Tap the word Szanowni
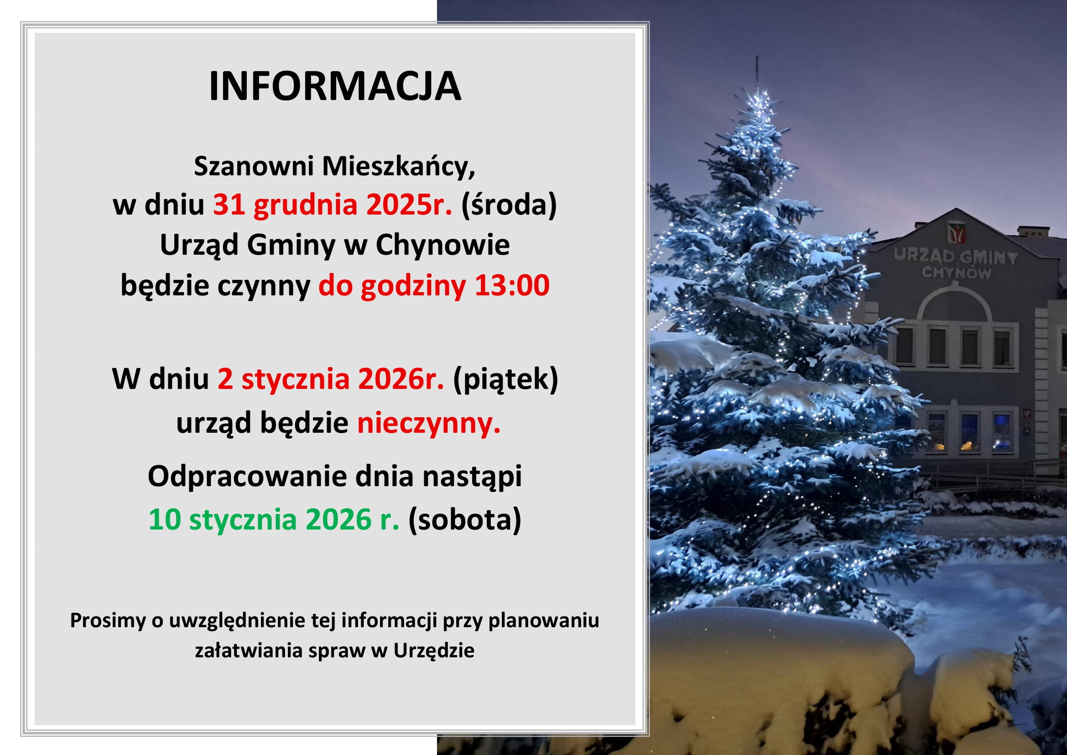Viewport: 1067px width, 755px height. pos(254,166)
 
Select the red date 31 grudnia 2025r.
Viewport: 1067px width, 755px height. pos(333,204)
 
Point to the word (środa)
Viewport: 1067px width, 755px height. pos(509,205)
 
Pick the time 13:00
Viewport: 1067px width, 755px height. pos(512,285)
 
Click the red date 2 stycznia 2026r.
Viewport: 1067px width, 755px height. pos(331,379)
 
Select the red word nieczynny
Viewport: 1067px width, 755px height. pos(428,424)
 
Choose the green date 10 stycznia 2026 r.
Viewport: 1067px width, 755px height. pos(274,519)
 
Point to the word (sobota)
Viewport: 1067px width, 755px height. pos(465,520)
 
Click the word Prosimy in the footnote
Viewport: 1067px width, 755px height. pos(108,621)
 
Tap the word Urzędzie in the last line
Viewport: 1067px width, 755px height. pos(433,650)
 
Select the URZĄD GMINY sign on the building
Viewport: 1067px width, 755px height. pos(956,257)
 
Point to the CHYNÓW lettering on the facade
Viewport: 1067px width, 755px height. pos(957,272)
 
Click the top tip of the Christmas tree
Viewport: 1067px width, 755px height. pos(758,57)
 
